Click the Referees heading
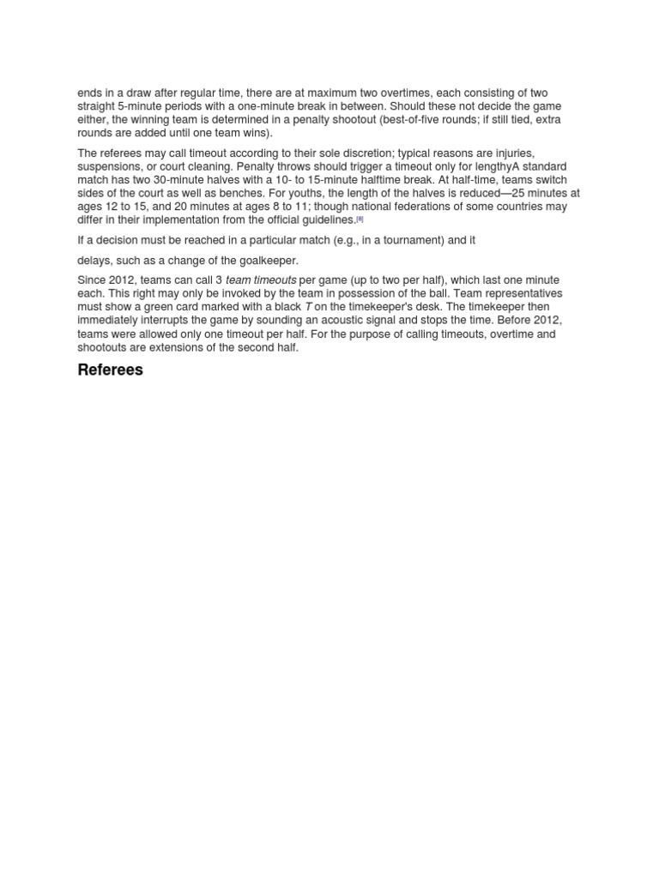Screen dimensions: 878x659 pos(110,370)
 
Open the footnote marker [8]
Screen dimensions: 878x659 pos(360,219)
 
